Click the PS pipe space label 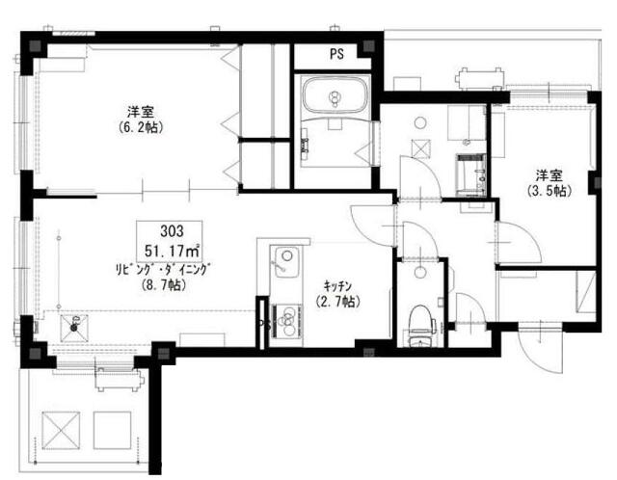tap(336, 54)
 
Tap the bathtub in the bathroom tap(335, 95)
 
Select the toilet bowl tap(420, 320)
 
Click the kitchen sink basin tap(285, 261)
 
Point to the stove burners tap(287, 320)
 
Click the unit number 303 tap(172, 231)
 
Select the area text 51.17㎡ tap(172, 251)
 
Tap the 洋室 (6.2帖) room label tap(141, 120)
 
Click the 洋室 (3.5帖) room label tap(550, 182)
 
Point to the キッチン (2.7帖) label tap(338, 294)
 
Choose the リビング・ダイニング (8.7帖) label tap(162, 277)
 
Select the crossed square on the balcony tap(61, 431)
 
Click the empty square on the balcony tap(112, 431)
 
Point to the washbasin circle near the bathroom tap(420, 122)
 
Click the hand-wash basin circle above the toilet tap(420, 272)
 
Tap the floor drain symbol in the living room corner tap(73, 328)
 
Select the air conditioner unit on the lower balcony tap(119, 379)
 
